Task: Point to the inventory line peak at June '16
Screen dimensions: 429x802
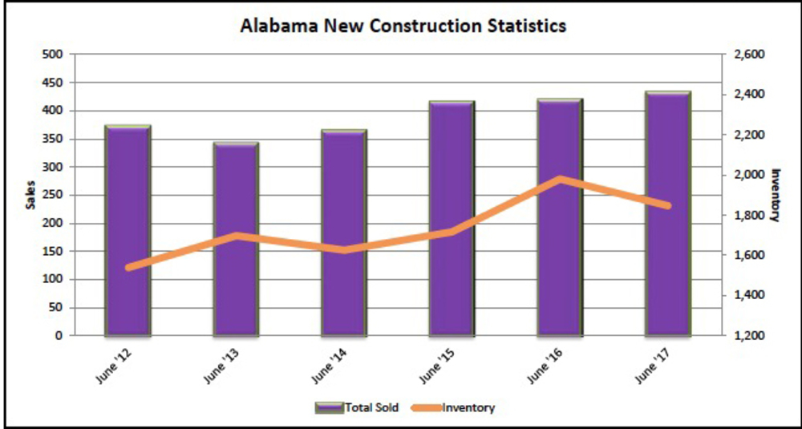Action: point(560,179)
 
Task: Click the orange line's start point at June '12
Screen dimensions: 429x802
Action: point(128,267)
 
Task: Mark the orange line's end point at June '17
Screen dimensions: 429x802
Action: point(668,206)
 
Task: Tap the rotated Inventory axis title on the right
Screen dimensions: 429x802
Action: point(776,194)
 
